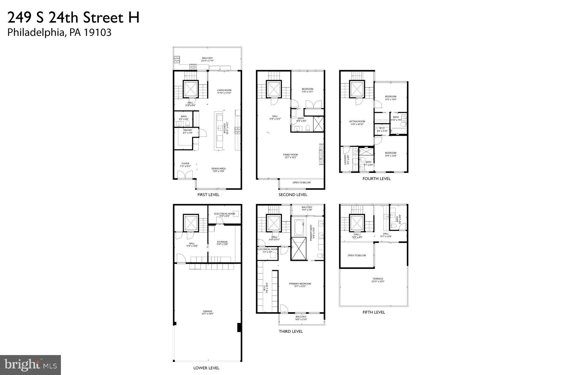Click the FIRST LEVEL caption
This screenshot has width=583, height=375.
click(208, 195)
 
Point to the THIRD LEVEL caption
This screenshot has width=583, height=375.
click(291, 331)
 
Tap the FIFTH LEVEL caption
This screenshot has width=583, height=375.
click(373, 312)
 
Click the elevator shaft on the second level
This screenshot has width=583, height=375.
click(274, 89)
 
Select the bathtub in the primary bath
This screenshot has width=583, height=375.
click(299, 227)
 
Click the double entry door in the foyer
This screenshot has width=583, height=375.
click(185, 174)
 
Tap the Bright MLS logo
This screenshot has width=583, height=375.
click(30, 365)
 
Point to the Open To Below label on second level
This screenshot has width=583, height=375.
click(301, 182)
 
